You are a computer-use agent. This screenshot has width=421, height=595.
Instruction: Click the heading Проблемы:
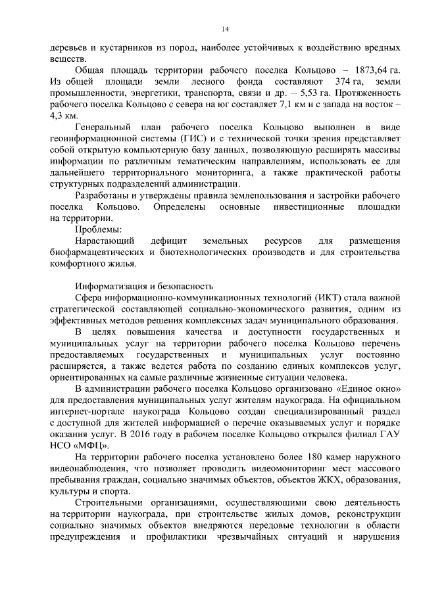pyautogui.click(x=98, y=230)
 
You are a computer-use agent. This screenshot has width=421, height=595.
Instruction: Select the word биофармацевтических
pyautogui.click(x=95, y=253)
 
